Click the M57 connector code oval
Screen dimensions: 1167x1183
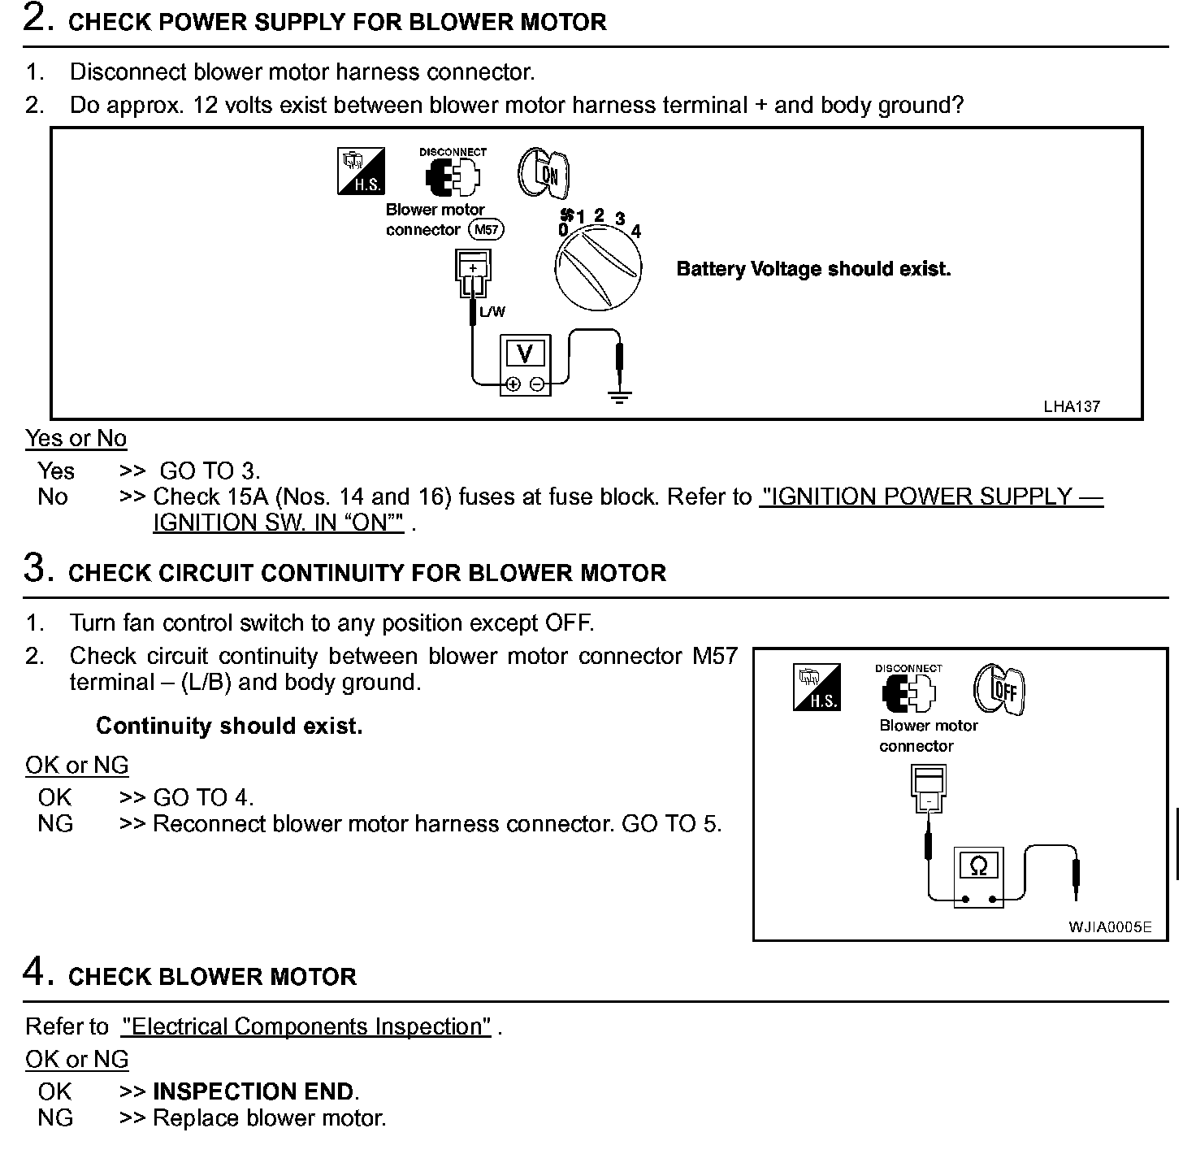click(x=486, y=230)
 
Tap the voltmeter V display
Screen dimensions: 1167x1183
click(x=525, y=354)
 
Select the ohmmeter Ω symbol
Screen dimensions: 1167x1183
click(x=978, y=866)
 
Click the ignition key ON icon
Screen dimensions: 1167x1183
click(x=544, y=173)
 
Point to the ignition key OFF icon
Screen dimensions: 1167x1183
click(x=1000, y=690)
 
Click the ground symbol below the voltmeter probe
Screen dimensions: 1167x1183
click(x=620, y=397)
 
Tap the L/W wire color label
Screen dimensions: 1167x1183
click(x=492, y=312)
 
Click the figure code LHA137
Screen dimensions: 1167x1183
click(x=1072, y=406)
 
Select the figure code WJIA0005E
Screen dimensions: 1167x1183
click(x=1110, y=927)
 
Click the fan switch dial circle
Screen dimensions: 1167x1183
click(x=598, y=267)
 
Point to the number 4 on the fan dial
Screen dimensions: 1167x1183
click(x=636, y=232)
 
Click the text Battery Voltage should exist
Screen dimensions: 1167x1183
click(x=813, y=269)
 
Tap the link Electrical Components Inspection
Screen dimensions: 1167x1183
click(x=306, y=1027)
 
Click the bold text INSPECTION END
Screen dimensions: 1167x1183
click(x=253, y=1091)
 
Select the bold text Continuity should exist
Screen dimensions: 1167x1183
click(x=229, y=726)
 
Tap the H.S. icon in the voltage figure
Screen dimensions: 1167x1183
click(x=362, y=171)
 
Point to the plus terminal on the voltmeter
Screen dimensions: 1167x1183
click(x=513, y=384)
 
